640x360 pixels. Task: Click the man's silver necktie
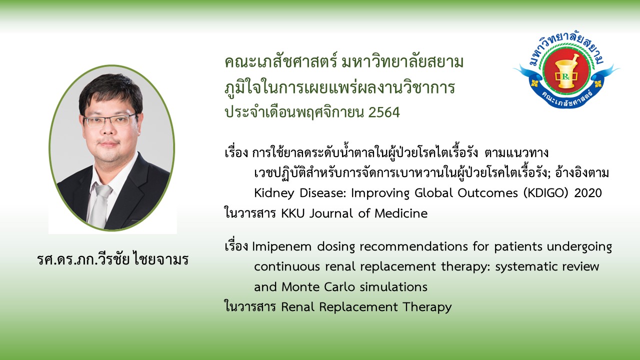coord(100,205)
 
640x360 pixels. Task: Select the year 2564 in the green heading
coord(384,112)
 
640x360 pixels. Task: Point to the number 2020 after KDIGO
coord(588,193)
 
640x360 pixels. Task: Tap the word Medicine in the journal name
coord(401,213)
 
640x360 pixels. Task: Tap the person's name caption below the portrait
coord(112,259)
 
